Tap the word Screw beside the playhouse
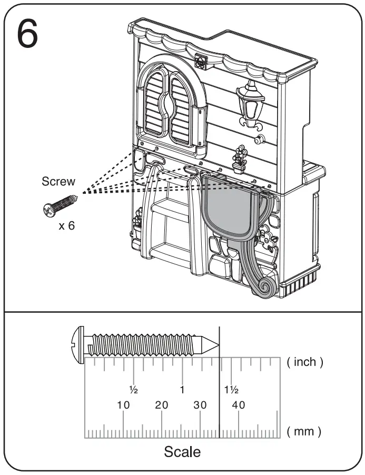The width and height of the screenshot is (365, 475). [x=58, y=182]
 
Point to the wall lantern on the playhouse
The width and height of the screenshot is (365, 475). [x=251, y=103]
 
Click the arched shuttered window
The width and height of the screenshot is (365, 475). [x=170, y=105]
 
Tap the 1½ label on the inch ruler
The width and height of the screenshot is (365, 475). [x=232, y=390]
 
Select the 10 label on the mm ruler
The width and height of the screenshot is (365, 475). [x=123, y=405]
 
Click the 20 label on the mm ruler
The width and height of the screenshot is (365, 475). [x=162, y=405]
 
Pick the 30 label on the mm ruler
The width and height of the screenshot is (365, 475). [x=200, y=405]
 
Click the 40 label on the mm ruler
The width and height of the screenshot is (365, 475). [x=239, y=405]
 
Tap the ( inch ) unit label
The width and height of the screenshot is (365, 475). [x=305, y=362]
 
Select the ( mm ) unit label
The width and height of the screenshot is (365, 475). [x=304, y=432]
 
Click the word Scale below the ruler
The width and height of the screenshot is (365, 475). [x=182, y=452]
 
